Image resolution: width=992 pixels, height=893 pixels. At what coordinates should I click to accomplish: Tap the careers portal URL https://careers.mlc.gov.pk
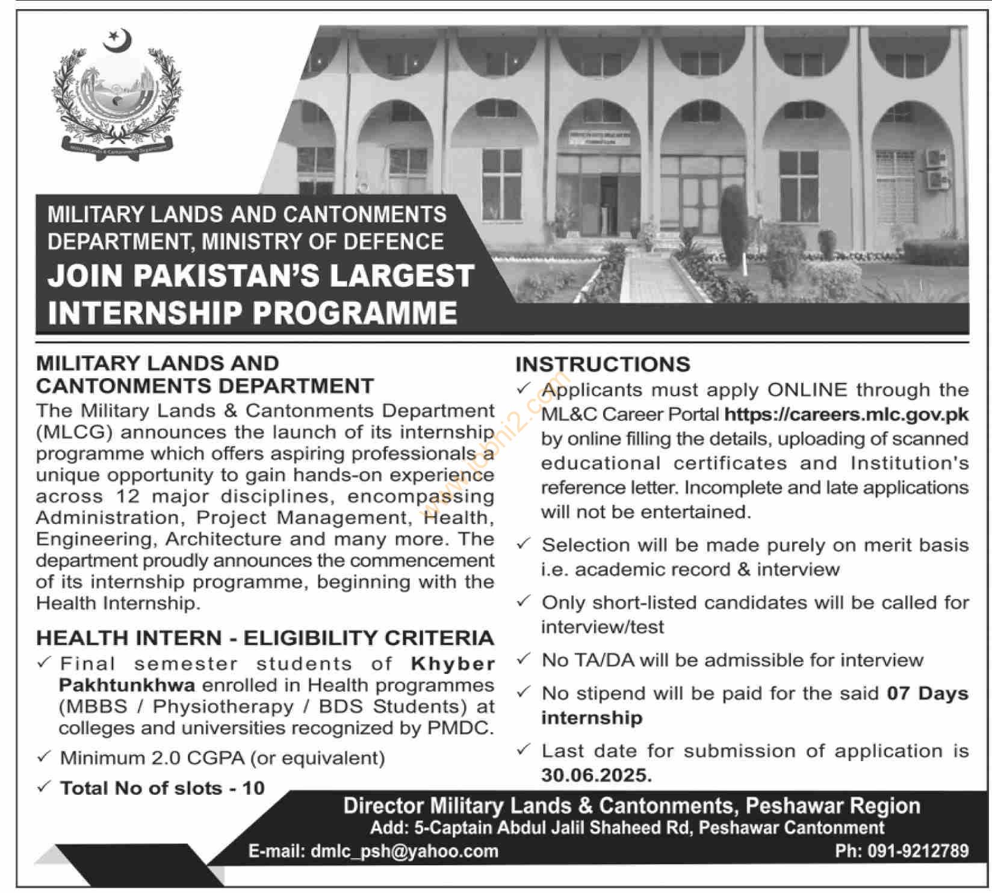[x=846, y=414]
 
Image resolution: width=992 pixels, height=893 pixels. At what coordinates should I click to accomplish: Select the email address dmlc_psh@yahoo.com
[x=404, y=851]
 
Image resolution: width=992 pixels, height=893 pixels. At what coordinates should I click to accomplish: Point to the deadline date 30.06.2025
[x=596, y=775]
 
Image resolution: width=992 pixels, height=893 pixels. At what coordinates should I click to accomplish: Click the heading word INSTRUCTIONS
[x=603, y=364]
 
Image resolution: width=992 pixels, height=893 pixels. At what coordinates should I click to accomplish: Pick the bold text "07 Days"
[x=928, y=693]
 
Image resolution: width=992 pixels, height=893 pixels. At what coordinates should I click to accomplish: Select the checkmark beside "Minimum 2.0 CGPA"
[x=43, y=757]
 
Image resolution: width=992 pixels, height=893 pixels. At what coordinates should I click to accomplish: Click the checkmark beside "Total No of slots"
[x=43, y=787]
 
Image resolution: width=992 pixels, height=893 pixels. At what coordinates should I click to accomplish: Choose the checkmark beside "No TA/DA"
[x=524, y=659]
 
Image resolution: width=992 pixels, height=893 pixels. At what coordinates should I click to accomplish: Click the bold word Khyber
[x=453, y=664]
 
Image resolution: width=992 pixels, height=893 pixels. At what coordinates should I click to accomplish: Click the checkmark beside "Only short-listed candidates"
[x=524, y=602]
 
